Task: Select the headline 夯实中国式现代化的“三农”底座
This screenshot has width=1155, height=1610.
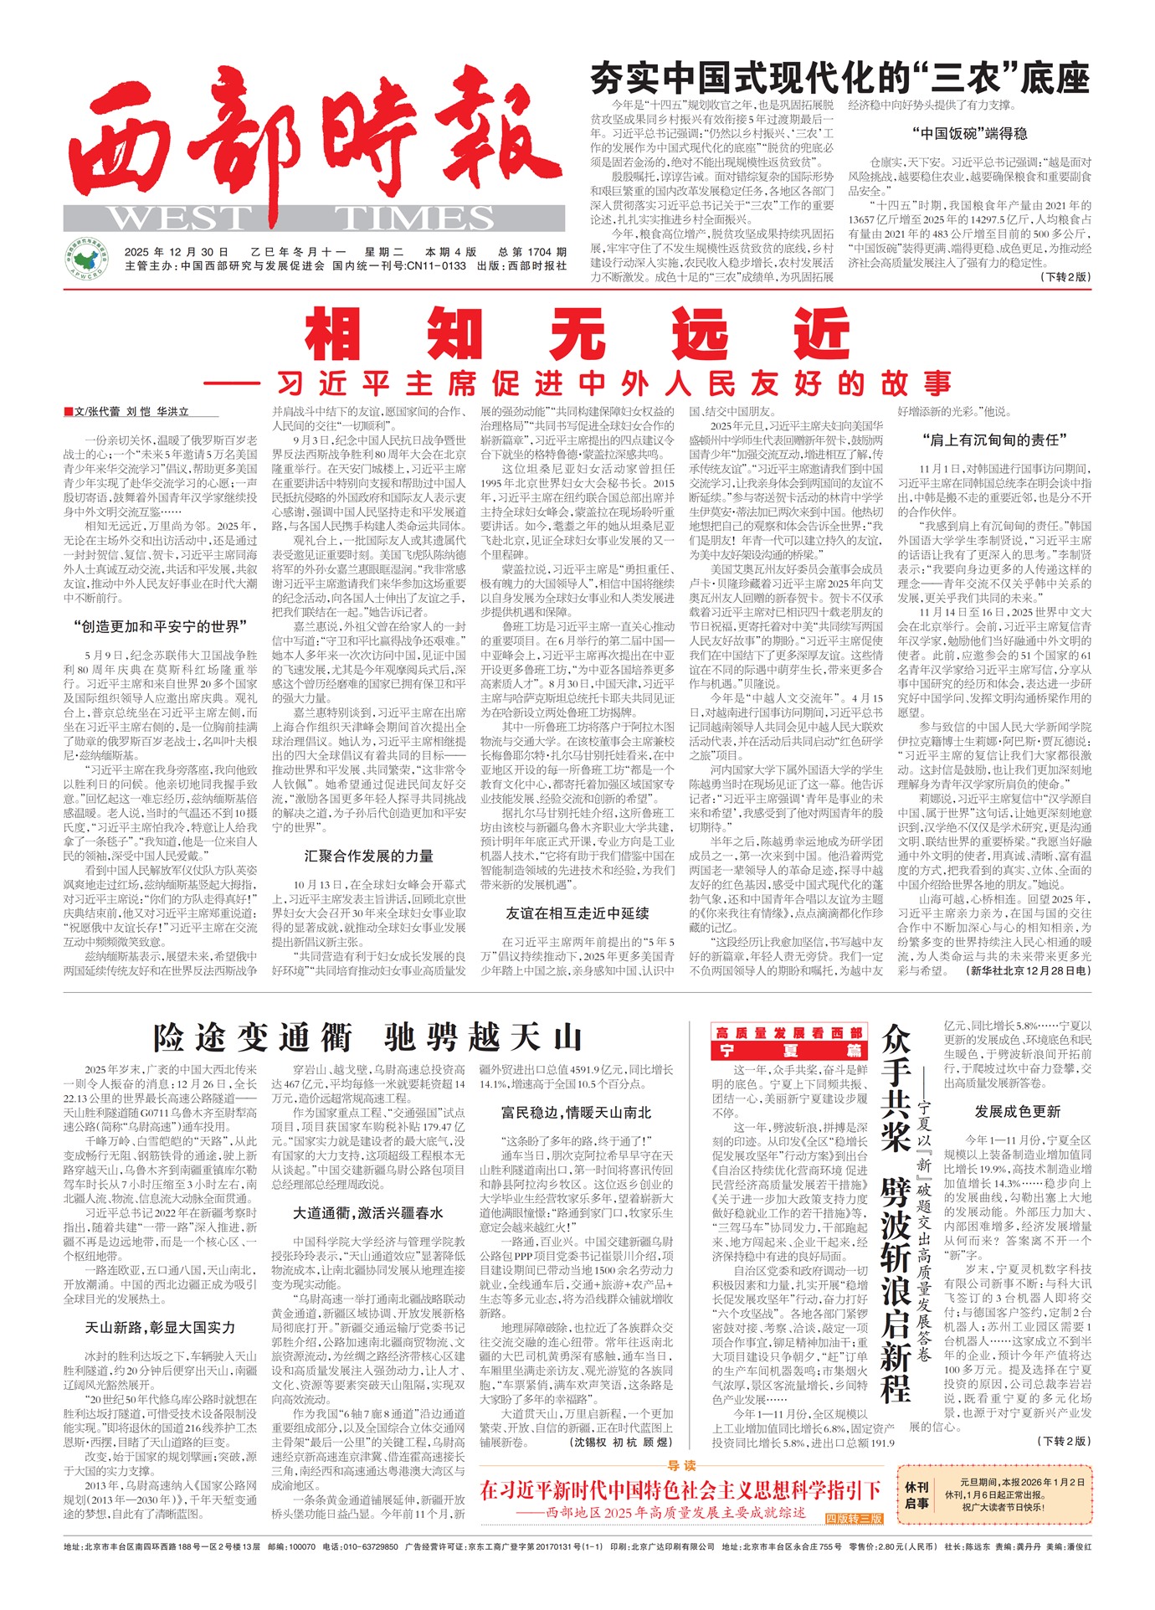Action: [x=839, y=80]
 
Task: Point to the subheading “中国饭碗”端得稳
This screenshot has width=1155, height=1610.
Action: [x=969, y=133]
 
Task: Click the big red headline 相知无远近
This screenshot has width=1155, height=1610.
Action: [x=577, y=333]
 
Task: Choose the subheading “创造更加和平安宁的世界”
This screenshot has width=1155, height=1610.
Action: [x=160, y=626]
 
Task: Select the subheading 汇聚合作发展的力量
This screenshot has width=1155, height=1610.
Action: [x=368, y=856]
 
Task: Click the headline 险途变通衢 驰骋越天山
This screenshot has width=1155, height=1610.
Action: [x=367, y=1037]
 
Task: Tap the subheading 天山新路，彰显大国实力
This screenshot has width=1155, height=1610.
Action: [x=160, y=1327]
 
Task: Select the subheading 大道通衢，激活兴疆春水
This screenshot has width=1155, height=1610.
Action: [x=368, y=1212]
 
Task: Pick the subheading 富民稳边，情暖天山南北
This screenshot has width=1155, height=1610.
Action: [x=576, y=1113]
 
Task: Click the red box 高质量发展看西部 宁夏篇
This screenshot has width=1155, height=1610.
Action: [x=789, y=1042]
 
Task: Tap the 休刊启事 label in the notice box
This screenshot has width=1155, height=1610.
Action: [x=917, y=1495]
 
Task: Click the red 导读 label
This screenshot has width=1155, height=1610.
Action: [x=682, y=1465]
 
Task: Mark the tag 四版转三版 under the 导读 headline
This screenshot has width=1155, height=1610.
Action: [x=854, y=1518]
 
